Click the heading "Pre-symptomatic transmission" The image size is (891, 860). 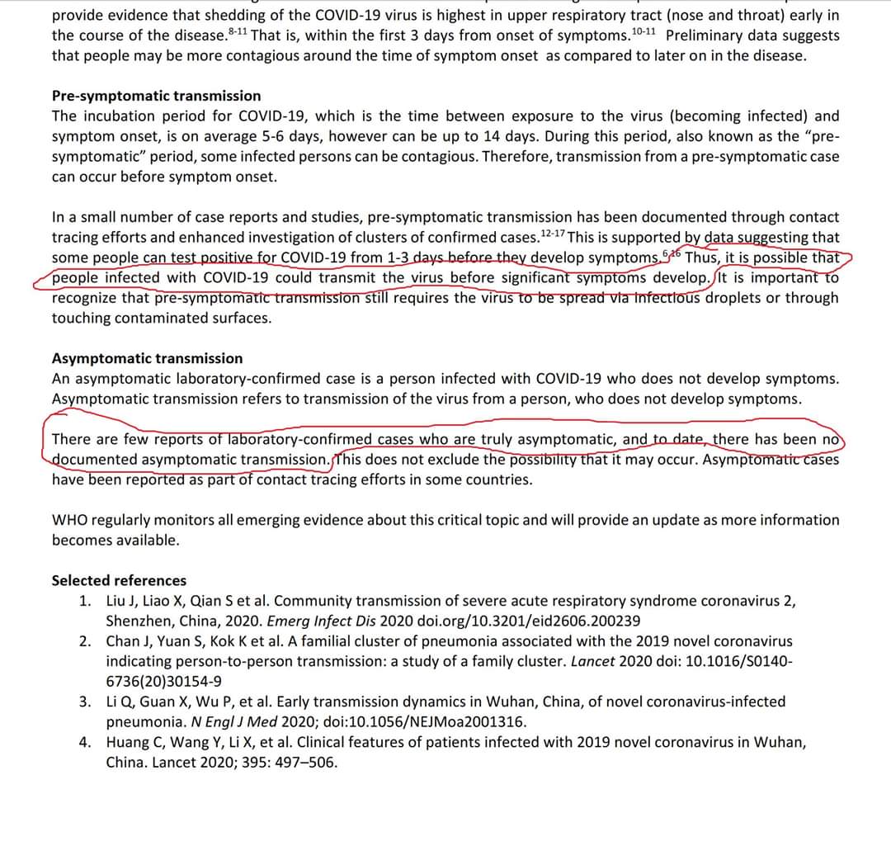coord(156,96)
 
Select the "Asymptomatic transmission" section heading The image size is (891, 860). coord(147,358)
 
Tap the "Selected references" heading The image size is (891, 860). coord(119,580)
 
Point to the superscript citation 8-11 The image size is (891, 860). coord(238,31)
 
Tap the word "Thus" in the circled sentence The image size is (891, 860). coord(702,258)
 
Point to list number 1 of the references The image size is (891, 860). coord(86,601)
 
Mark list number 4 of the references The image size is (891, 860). coord(86,742)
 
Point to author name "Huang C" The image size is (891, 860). coord(134,742)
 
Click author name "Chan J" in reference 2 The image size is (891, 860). coord(127,641)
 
